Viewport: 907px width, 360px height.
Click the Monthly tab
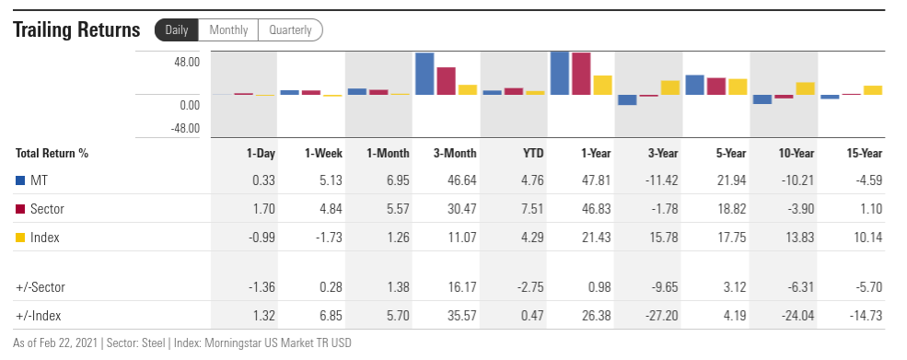tap(228, 30)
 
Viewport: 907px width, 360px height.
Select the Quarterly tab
tap(290, 30)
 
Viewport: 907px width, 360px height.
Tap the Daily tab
tap(177, 30)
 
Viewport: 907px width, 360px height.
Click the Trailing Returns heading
tap(76, 29)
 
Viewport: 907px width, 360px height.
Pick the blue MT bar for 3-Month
tap(424, 74)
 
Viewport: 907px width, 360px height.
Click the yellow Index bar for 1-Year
tap(603, 85)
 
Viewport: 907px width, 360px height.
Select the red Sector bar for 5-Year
tap(716, 87)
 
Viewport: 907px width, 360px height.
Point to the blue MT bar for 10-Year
tap(762, 99)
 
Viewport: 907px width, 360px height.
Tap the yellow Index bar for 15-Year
tap(873, 90)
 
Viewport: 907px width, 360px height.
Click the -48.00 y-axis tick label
tap(185, 128)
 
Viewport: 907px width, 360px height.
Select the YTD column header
tap(533, 154)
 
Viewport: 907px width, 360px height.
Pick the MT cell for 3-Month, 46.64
tap(462, 180)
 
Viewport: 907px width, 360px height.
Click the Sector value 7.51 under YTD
tap(532, 209)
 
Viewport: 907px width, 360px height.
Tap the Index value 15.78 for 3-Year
tap(664, 238)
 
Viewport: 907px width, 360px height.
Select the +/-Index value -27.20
tap(662, 316)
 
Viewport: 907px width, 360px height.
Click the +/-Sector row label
tap(41, 287)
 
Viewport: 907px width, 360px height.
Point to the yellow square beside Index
tap(20, 238)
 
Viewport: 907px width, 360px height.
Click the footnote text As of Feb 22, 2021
tap(55, 343)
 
